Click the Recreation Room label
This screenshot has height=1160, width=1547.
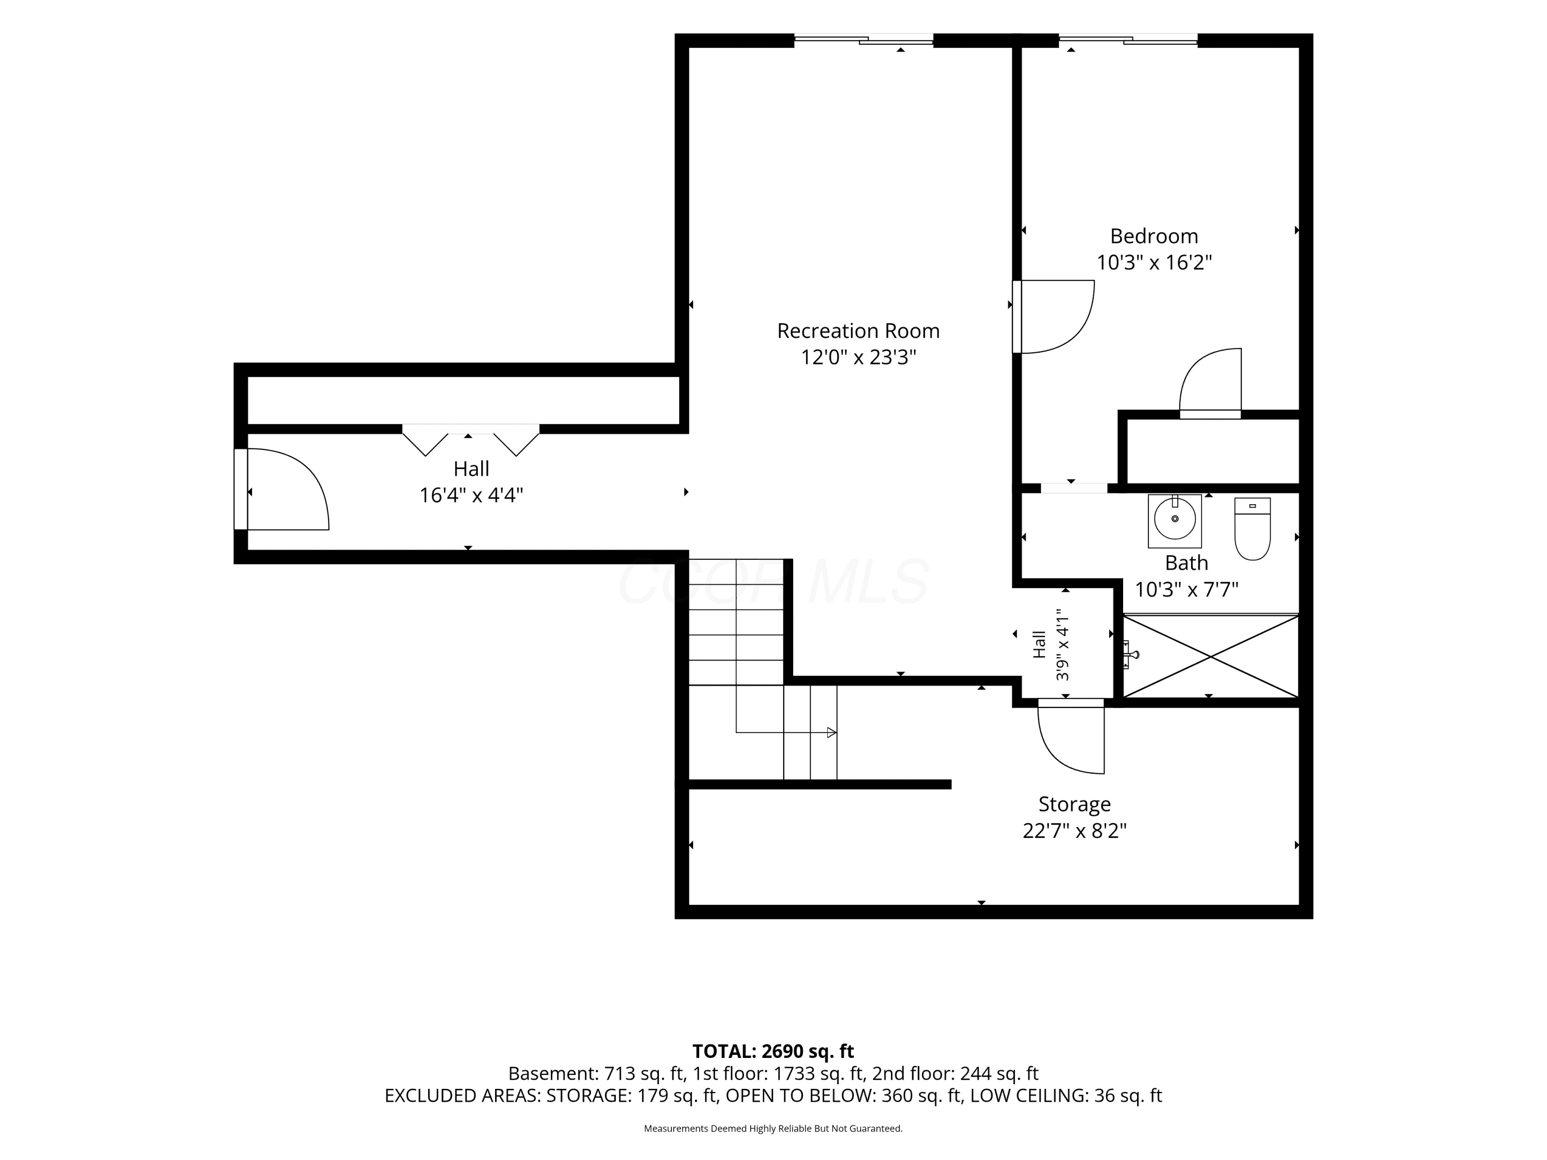[858, 331]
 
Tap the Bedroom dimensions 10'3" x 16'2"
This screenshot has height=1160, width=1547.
[1154, 263]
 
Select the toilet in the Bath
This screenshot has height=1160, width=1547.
[1253, 528]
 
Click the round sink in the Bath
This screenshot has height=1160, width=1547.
[1175, 519]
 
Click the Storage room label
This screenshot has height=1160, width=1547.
[1074, 804]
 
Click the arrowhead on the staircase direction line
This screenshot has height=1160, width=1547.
[832, 733]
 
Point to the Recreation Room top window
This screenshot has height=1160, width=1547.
[864, 40]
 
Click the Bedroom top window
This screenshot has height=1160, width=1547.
[1128, 40]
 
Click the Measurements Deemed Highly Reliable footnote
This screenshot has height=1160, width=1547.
[774, 1128]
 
